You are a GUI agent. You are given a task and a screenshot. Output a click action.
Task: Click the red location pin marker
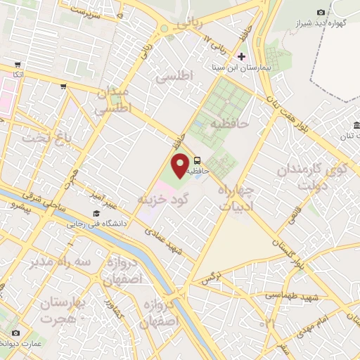(x=180, y=165)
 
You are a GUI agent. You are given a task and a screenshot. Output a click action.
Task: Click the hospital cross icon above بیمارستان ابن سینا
(x=242, y=56)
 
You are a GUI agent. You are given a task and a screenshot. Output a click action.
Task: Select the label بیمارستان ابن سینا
(x=242, y=68)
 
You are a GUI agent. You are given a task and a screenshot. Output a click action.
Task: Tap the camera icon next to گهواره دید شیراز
(x=321, y=12)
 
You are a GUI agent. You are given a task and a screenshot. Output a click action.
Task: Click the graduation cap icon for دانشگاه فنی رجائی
(x=95, y=214)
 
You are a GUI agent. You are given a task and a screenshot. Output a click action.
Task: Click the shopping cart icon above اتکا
(x=18, y=64)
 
